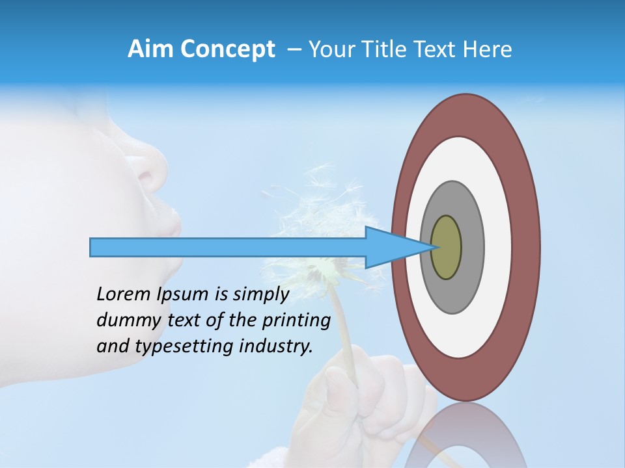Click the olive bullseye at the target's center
pyautogui.click(x=446, y=247)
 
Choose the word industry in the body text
pyautogui.click(x=277, y=346)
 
